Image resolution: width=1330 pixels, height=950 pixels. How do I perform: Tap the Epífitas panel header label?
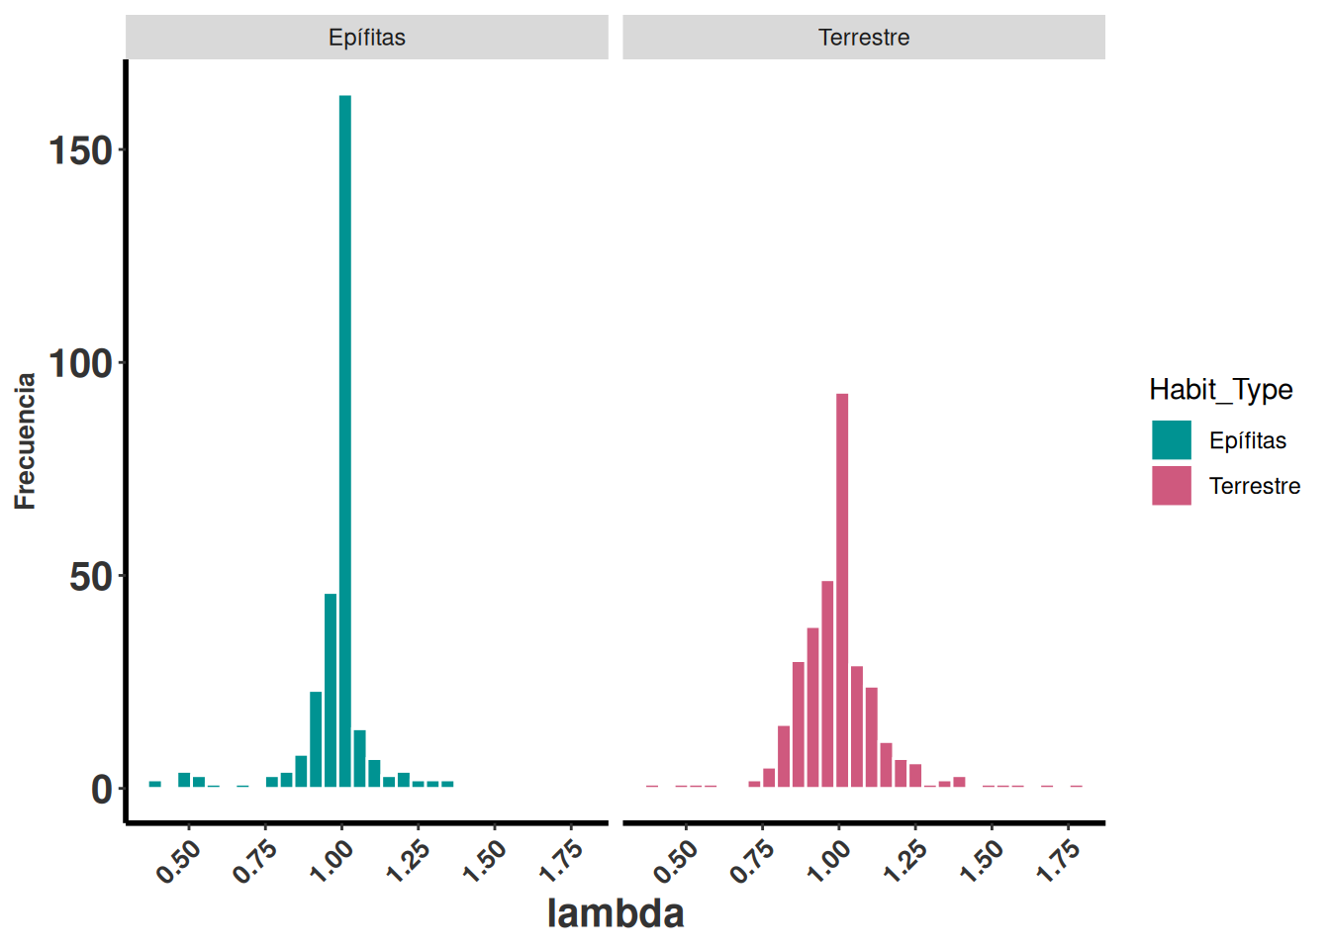click(366, 38)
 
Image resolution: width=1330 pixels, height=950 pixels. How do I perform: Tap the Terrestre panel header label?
click(864, 38)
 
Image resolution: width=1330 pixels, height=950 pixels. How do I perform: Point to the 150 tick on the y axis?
click(80, 150)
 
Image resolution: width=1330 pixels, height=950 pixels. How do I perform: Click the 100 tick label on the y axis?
click(80, 363)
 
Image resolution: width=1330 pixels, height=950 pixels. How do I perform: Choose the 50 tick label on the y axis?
click(90, 577)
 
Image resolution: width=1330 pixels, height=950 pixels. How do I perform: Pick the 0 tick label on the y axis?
click(101, 790)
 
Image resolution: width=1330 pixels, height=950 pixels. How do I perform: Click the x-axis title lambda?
click(615, 912)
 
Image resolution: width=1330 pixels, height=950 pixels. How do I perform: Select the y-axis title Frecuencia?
click(25, 440)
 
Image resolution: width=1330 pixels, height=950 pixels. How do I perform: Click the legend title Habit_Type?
click(1220, 390)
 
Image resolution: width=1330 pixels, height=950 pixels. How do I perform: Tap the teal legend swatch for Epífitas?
click(1171, 440)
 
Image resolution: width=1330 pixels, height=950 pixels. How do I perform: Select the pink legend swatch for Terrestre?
click(1171, 486)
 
